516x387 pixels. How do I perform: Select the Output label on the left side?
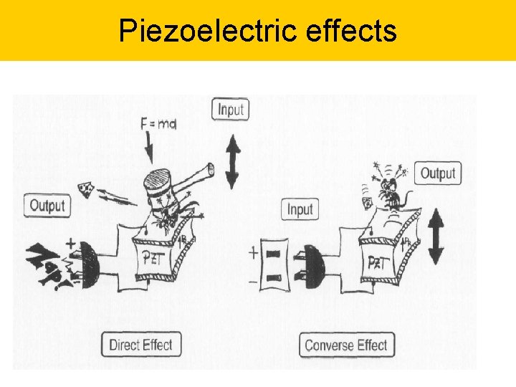(48, 205)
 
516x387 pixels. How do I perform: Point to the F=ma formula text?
(158, 124)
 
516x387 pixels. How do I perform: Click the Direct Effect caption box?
(140, 345)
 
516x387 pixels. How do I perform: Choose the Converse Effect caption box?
(345, 345)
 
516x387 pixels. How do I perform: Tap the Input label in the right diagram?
(300, 209)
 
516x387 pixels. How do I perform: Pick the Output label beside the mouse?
(437, 173)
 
